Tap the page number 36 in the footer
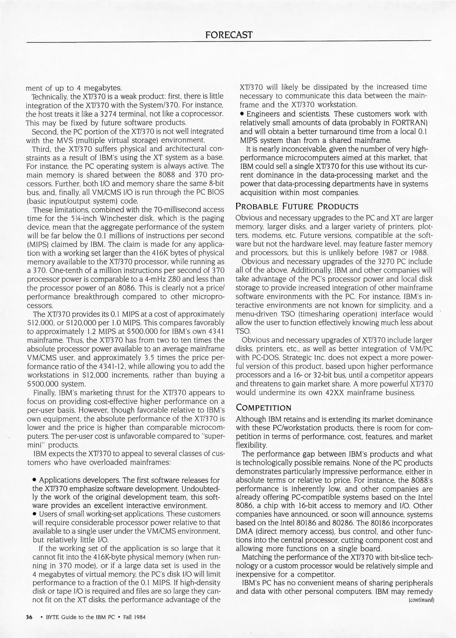click(x=29, y=617)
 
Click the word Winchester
click(x=107, y=218)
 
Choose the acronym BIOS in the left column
click(x=215, y=192)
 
